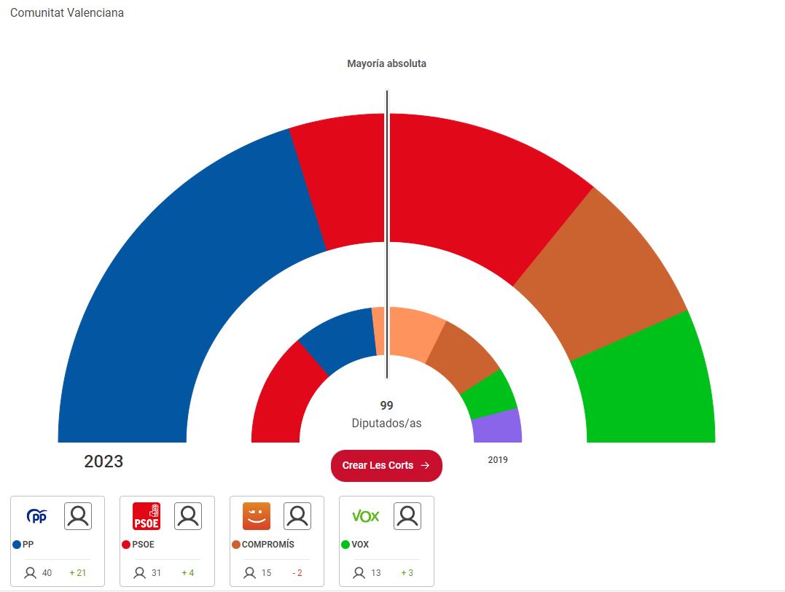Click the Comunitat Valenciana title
point(67,13)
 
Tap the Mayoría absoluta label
point(386,63)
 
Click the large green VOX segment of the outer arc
point(649,386)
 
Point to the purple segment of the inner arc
point(498,427)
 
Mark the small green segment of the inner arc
point(490,394)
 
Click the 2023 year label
point(104,461)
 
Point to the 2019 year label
point(498,460)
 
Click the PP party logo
point(36,517)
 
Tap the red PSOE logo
point(147,517)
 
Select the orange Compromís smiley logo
point(257,516)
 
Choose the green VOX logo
point(366,516)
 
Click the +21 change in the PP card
point(77,573)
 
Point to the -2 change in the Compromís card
point(297,573)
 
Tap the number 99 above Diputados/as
point(386,405)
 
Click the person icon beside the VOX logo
point(407,516)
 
